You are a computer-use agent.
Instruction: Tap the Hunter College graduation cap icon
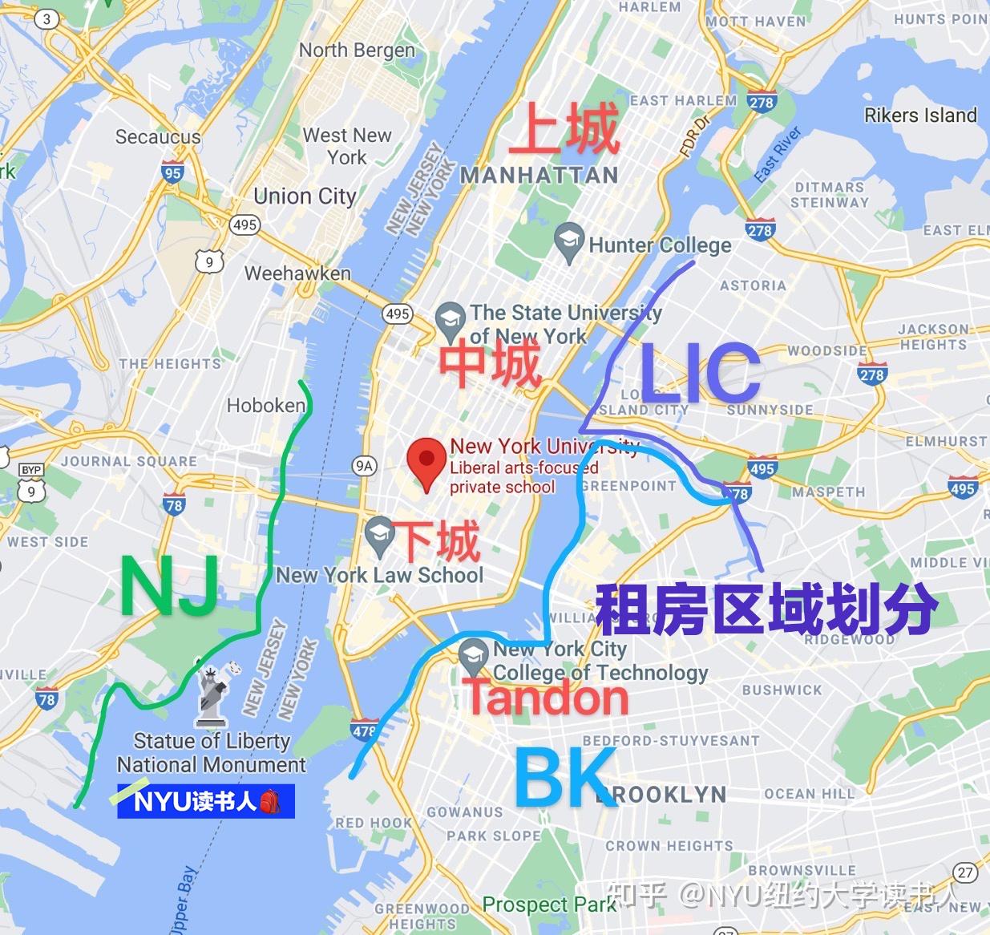pyautogui.click(x=568, y=241)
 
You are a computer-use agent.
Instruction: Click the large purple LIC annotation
pyautogui.click(x=700, y=373)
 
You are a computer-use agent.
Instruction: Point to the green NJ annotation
pyautogui.click(x=170, y=587)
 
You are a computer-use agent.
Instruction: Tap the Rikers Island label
pyautogui.click(x=920, y=115)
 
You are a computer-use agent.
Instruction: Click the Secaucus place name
pyautogui.click(x=158, y=137)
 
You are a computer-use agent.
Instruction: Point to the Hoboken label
pyautogui.click(x=266, y=406)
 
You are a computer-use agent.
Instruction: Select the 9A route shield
pyautogui.click(x=365, y=465)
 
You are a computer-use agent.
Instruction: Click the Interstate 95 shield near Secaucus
pyautogui.click(x=172, y=172)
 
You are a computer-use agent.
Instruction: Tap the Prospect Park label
pyautogui.click(x=549, y=905)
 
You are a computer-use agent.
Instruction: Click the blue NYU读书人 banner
pyautogui.click(x=206, y=801)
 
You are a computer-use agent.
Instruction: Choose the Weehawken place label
pyautogui.click(x=297, y=273)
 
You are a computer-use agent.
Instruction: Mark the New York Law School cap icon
pyautogui.click(x=378, y=535)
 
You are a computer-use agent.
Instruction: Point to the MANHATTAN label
pyautogui.click(x=539, y=176)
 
